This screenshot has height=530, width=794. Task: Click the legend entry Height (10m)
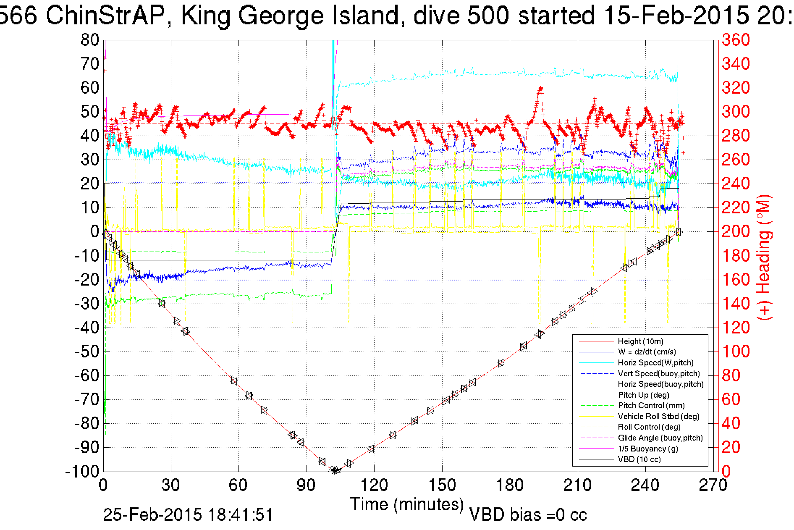click(x=640, y=341)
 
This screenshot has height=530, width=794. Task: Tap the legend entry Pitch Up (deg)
click(x=643, y=395)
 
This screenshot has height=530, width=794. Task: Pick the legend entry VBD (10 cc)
click(x=639, y=459)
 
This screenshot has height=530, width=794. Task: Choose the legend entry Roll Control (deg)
click(x=649, y=427)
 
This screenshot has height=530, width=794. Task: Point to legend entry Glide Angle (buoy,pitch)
click(x=660, y=438)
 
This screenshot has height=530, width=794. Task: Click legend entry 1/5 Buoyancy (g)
click(x=648, y=449)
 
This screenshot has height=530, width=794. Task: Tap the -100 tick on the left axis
click(x=82, y=472)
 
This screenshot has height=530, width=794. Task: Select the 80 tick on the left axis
click(x=90, y=40)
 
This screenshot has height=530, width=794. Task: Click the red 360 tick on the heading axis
click(x=736, y=40)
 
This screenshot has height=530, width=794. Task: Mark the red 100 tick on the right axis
click(x=736, y=352)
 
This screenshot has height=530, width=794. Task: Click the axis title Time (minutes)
click(x=407, y=504)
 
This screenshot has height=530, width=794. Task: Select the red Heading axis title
click(x=764, y=257)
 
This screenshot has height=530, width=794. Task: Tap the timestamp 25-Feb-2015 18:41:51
click(x=188, y=515)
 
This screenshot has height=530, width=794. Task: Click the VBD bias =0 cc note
click(x=528, y=515)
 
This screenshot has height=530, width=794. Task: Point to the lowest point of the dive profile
click(x=335, y=470)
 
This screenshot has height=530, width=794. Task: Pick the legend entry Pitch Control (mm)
click(x=651, y=406)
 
